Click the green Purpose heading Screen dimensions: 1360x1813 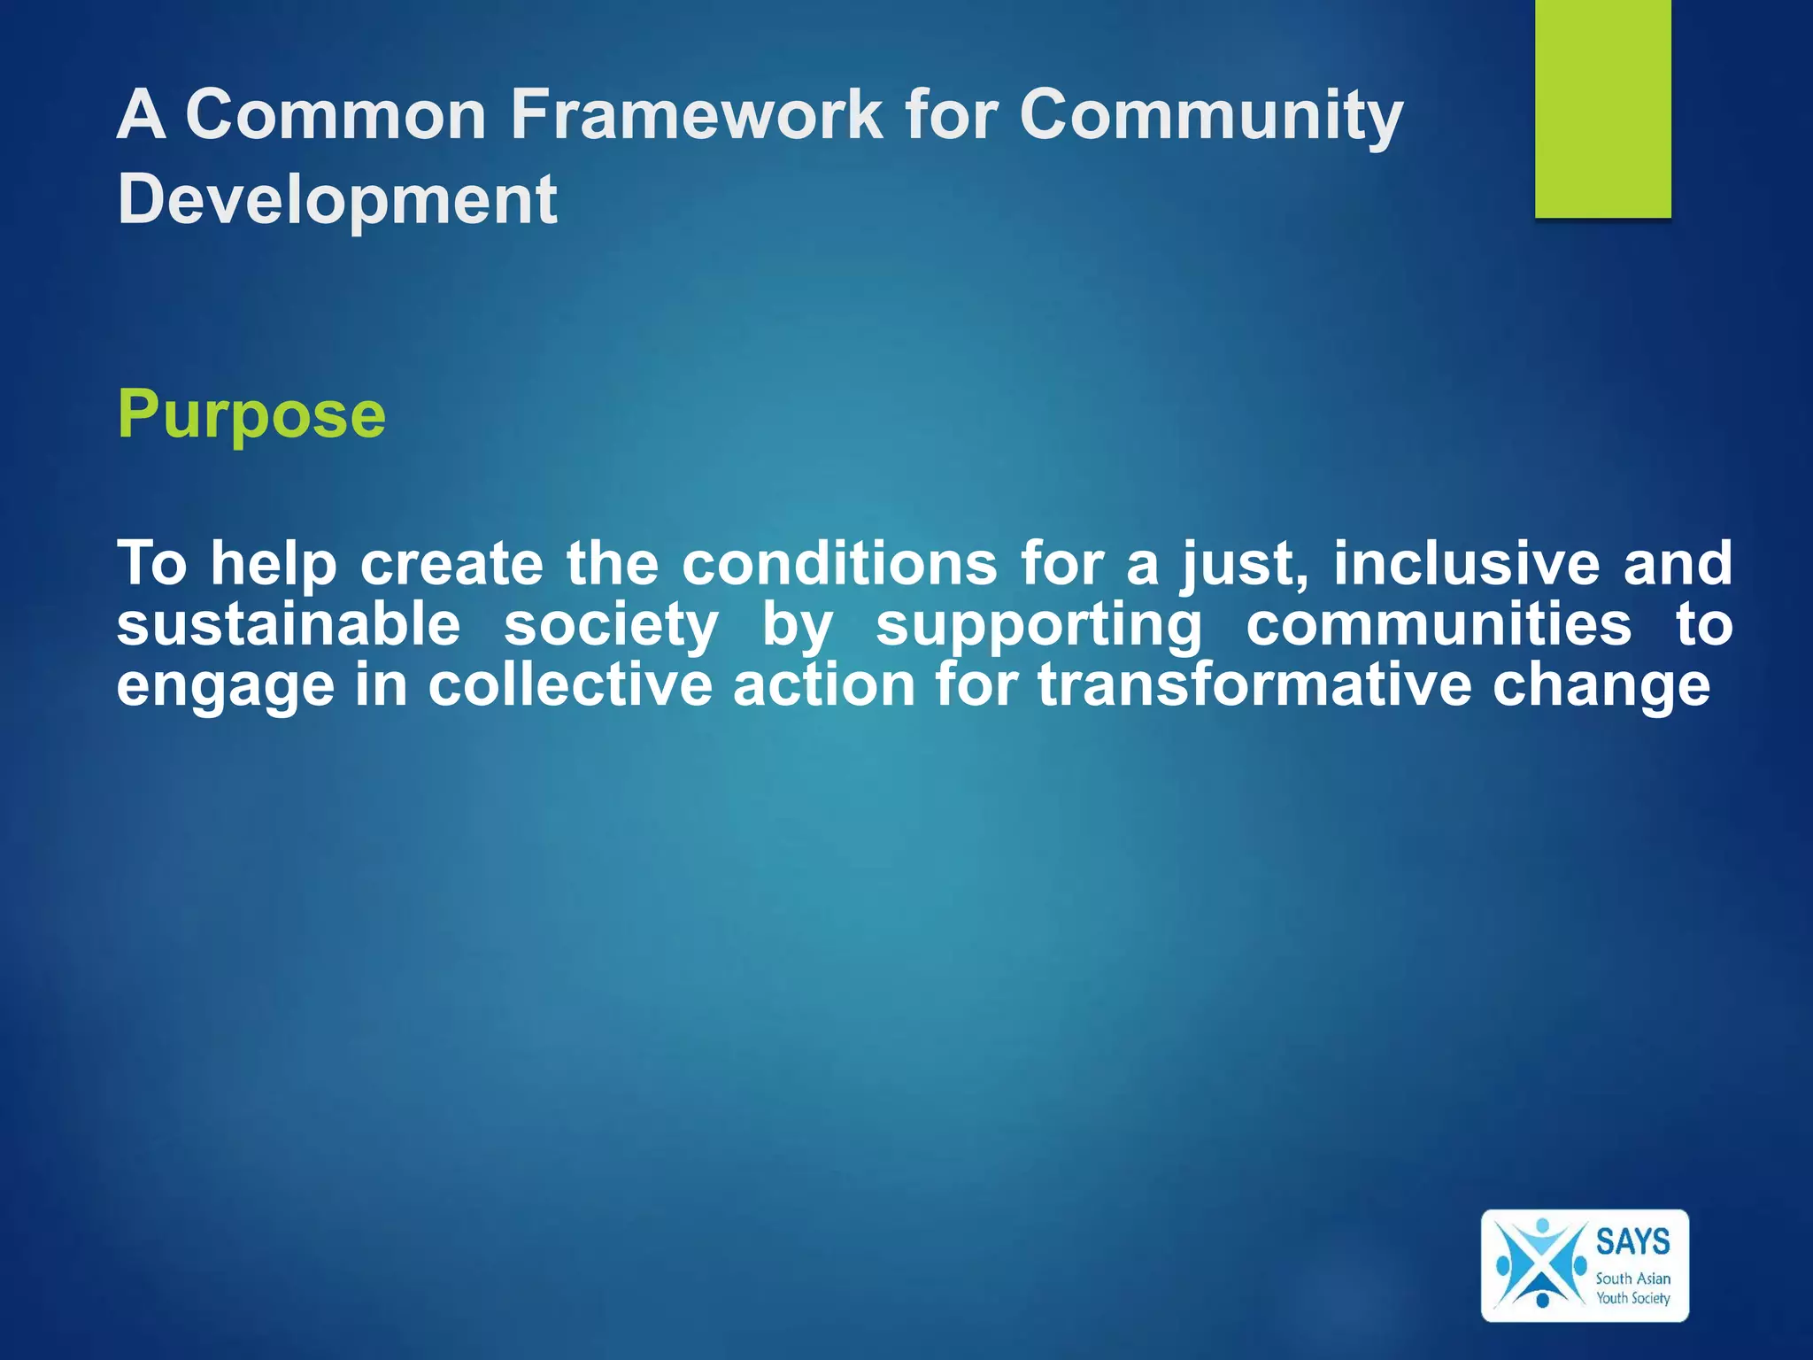click(251, 414)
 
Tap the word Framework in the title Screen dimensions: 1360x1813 click(697, 115)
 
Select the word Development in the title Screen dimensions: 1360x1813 click(337, 199)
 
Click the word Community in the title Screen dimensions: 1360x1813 click(1210, 115)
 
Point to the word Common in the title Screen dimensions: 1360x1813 click(336, 115)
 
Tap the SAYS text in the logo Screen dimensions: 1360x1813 click(1632, 1241)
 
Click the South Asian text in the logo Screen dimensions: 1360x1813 click(1632, 1279)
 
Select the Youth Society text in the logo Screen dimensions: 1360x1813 click(1632, 1298)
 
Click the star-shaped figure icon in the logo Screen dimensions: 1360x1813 click(1540, 1264)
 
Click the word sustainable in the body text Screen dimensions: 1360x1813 click(289, 624)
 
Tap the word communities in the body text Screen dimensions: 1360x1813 click(1439, 624)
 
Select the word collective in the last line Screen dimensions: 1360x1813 click(570, 684)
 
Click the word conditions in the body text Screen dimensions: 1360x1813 click(839, 563)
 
